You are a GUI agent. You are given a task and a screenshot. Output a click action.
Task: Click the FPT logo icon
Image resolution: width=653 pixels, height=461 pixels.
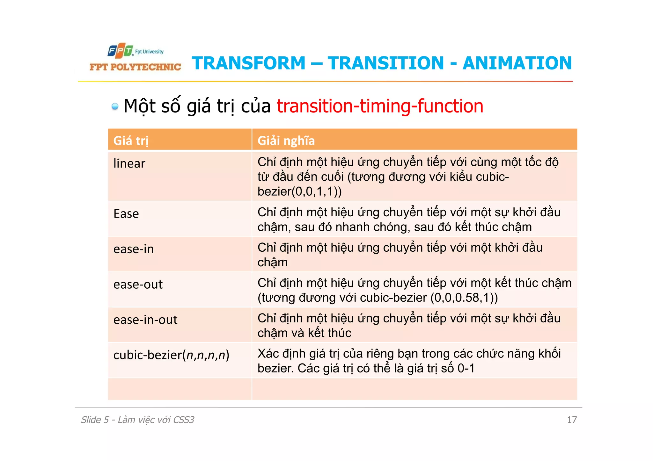point(120,51)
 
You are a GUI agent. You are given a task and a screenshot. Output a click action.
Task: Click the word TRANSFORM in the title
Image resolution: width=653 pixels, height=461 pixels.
point(249,63)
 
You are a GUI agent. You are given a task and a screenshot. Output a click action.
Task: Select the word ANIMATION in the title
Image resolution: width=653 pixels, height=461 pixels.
point(517,63)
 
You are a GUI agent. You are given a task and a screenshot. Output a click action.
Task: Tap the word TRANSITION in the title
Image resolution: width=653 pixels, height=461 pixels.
point(385,63)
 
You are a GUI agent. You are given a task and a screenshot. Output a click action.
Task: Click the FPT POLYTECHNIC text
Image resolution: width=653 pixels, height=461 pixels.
point(135,67)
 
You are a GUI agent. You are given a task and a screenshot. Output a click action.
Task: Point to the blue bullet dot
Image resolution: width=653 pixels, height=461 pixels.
point(115,106)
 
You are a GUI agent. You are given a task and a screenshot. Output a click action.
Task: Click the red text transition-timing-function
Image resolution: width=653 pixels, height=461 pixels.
point(380,106)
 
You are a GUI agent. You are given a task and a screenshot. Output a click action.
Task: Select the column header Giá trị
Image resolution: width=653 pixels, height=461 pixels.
point(131,140)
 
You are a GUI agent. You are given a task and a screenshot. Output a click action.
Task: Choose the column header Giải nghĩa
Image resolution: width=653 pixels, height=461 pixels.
point(286,140)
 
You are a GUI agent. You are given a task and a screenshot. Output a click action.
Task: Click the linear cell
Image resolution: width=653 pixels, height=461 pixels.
point(129,164)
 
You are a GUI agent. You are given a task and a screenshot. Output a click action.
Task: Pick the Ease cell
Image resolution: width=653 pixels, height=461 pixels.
point(126,214)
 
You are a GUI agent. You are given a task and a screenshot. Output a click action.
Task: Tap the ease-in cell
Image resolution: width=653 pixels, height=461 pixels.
point(134,249)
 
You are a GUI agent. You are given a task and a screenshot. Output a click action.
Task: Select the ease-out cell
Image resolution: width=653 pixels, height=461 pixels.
point(138,285)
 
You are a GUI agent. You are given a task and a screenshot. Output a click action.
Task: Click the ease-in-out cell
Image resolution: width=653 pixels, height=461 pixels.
point(145,320)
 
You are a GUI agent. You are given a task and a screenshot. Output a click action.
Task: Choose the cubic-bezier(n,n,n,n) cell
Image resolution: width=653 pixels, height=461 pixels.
point(171,355)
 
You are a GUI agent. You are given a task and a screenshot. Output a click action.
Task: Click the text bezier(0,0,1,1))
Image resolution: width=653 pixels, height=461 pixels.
point(299,191)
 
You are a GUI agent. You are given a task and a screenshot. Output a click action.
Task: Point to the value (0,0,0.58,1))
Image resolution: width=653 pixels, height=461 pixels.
point(464,298)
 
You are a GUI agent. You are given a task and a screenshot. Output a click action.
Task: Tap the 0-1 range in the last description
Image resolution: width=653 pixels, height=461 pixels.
point(466,369)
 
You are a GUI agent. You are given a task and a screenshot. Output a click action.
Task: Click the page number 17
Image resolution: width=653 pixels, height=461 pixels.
point(572,420)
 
